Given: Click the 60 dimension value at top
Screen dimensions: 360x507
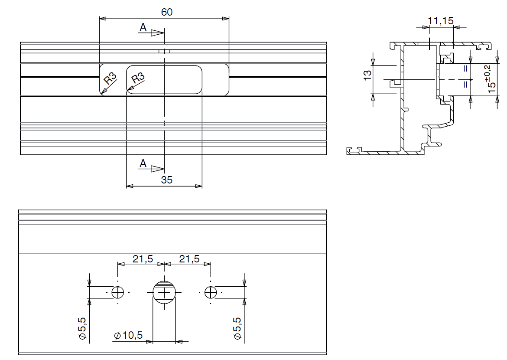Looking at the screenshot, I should (x=167, y=12).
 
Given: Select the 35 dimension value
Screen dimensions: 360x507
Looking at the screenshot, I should (x=166, y=180).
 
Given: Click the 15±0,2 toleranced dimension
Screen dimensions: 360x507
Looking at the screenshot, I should (x=490, y=78).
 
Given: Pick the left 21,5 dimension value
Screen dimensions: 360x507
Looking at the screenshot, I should (x=143, y=259).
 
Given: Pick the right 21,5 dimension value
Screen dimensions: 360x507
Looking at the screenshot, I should (x=189, y=259).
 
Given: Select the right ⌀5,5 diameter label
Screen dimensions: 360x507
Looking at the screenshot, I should (x=237, y=328).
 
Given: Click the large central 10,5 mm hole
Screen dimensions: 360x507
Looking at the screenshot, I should (x=165, y=293).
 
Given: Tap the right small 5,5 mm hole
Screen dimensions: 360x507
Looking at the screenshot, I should (x=211, y=293).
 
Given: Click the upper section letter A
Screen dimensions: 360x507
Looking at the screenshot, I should (x=143, y=28).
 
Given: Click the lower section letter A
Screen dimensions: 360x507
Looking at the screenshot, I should (x=143, y=164).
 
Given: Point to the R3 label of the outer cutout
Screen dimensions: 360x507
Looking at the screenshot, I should (x=111, y=79).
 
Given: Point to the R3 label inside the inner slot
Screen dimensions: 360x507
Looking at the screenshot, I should (x=138, y=79).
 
